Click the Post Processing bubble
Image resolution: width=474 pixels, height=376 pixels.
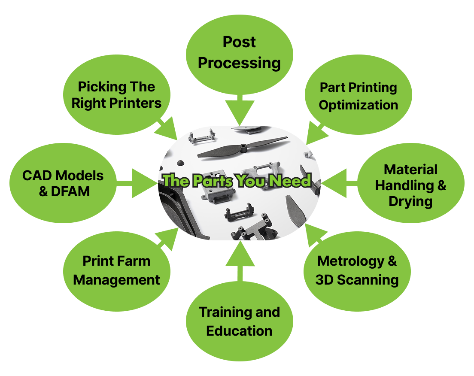(239, 52)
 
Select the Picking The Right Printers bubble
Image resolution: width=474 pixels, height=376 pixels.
(116, 95)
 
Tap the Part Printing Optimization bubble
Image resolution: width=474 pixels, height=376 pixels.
(359, 96)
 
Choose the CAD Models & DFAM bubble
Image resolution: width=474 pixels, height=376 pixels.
(63, 183)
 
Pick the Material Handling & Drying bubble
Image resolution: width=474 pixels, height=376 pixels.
(410, 185)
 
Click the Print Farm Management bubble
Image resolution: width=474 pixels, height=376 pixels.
(116, 270)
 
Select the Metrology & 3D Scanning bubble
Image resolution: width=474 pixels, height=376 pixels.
(357, 270)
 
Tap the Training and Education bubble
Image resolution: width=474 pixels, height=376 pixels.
(239, 321)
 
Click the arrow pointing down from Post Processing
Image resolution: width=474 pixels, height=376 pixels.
(240, 112)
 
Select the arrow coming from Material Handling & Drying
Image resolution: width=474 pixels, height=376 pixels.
(337, 183)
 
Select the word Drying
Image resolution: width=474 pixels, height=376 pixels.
(410, 201)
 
